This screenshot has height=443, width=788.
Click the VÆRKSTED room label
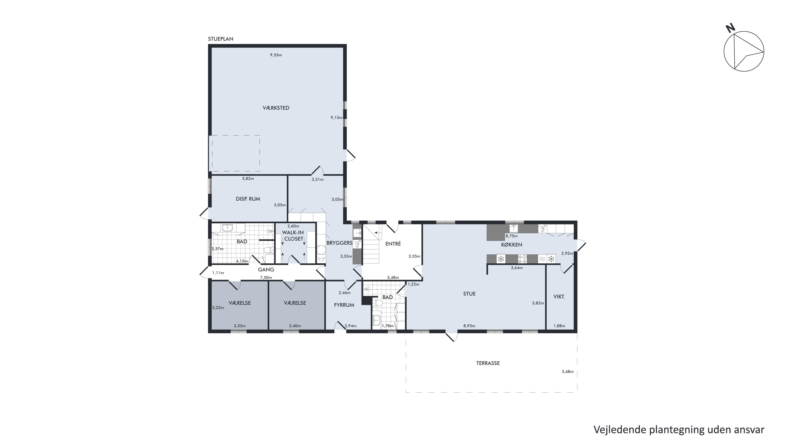click(276, 108)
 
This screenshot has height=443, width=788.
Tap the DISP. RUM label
click(248, 199)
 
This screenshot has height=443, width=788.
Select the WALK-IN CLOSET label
click(293, 236)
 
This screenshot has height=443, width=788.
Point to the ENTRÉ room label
click(393, 244)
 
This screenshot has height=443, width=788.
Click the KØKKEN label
click(511, 244)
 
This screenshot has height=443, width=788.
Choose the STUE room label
click(469, 294)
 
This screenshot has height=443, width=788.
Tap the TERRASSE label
click(488, 363)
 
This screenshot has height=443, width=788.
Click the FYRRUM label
click(344, 305)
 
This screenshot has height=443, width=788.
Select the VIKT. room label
click(559, 296)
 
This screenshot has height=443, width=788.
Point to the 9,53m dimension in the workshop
click(276, 55)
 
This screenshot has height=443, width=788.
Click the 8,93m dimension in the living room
click(469, 326)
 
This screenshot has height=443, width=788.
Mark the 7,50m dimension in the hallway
click(266, 278)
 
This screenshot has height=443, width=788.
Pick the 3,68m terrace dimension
click(567, 372)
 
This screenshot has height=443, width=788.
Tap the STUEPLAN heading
click(221, 39)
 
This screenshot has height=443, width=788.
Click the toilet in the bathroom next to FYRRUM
click(378, 303)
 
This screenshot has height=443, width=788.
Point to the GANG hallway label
click(266, 270)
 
